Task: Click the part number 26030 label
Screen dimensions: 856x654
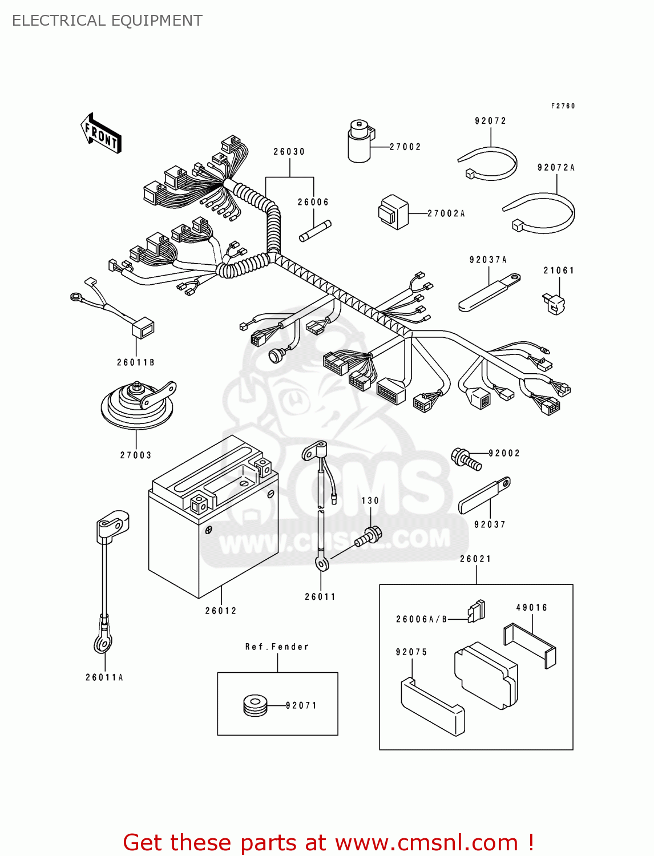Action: (x=289, y=152)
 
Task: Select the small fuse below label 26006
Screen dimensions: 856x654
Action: (x=315, y=231)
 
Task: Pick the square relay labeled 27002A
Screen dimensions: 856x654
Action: (x=394, y=212)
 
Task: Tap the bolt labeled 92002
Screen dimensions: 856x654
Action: (x=466, y=459)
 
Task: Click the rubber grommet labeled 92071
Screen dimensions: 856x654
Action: (x=255, y=705)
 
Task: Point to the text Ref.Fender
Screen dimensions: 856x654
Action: (x=277, y=647)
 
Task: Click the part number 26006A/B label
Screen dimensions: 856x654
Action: (x=422, y=619)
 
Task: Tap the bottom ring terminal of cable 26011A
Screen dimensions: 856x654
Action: (x=103, y=643)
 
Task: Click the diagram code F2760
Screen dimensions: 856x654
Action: (x=563, y=106)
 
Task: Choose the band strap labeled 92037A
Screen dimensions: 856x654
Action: (x=489, y=292)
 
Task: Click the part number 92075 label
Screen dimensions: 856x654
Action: (x=411, y=652)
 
